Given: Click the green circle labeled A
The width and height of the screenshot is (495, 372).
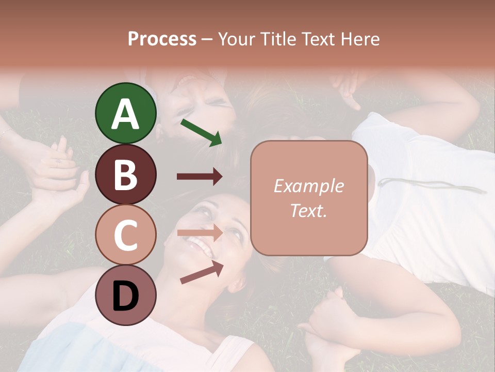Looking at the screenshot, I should pos(126,113).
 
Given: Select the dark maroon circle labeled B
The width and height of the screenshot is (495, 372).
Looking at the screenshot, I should pos(126,174).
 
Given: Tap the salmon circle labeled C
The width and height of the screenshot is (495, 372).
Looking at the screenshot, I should pos(126,235).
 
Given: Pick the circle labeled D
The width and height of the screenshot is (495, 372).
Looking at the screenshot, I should pos(126,295).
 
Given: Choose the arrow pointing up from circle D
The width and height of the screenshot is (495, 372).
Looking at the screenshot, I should pos(202,272).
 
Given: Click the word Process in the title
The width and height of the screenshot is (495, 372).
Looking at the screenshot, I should pos(162,39).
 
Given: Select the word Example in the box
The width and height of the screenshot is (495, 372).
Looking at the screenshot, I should pos(308,187).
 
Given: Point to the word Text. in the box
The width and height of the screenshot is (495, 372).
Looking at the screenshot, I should pos(308,211).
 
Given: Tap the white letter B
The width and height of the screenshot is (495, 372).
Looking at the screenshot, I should pos(126,175).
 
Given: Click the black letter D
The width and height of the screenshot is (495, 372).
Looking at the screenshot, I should pos(126,296).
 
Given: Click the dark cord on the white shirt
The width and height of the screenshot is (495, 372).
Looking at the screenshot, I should pos(433,185).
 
